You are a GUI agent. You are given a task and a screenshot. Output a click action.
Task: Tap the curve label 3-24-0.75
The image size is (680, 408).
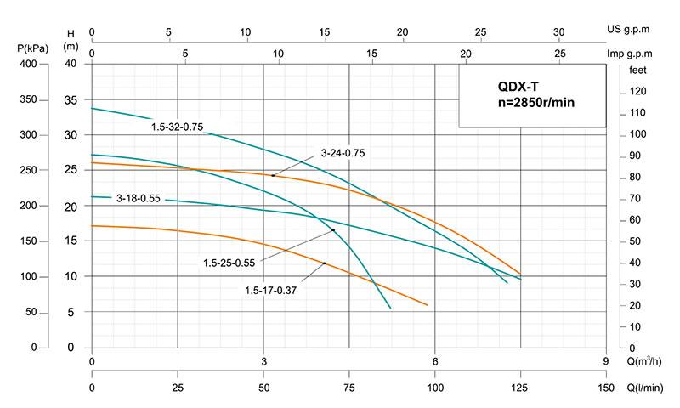pos(343,153)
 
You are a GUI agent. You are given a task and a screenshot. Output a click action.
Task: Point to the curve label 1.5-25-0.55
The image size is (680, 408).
pos(231,261)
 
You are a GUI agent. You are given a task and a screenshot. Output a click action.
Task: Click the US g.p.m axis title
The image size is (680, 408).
pos(629,29)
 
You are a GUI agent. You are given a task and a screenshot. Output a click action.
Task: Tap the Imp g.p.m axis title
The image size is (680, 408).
pos(630,54)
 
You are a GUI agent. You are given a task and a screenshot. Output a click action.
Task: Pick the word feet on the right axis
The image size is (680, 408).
pos(639,71)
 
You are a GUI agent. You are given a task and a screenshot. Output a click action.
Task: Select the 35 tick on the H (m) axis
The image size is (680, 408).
pos(71,99)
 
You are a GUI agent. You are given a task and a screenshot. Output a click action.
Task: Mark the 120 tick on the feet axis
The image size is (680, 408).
pos(638,92)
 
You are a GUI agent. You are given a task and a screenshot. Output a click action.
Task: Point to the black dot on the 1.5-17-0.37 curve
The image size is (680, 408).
pos(325,263)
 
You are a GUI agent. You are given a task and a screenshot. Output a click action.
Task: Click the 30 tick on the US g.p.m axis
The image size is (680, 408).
pos(559,32)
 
